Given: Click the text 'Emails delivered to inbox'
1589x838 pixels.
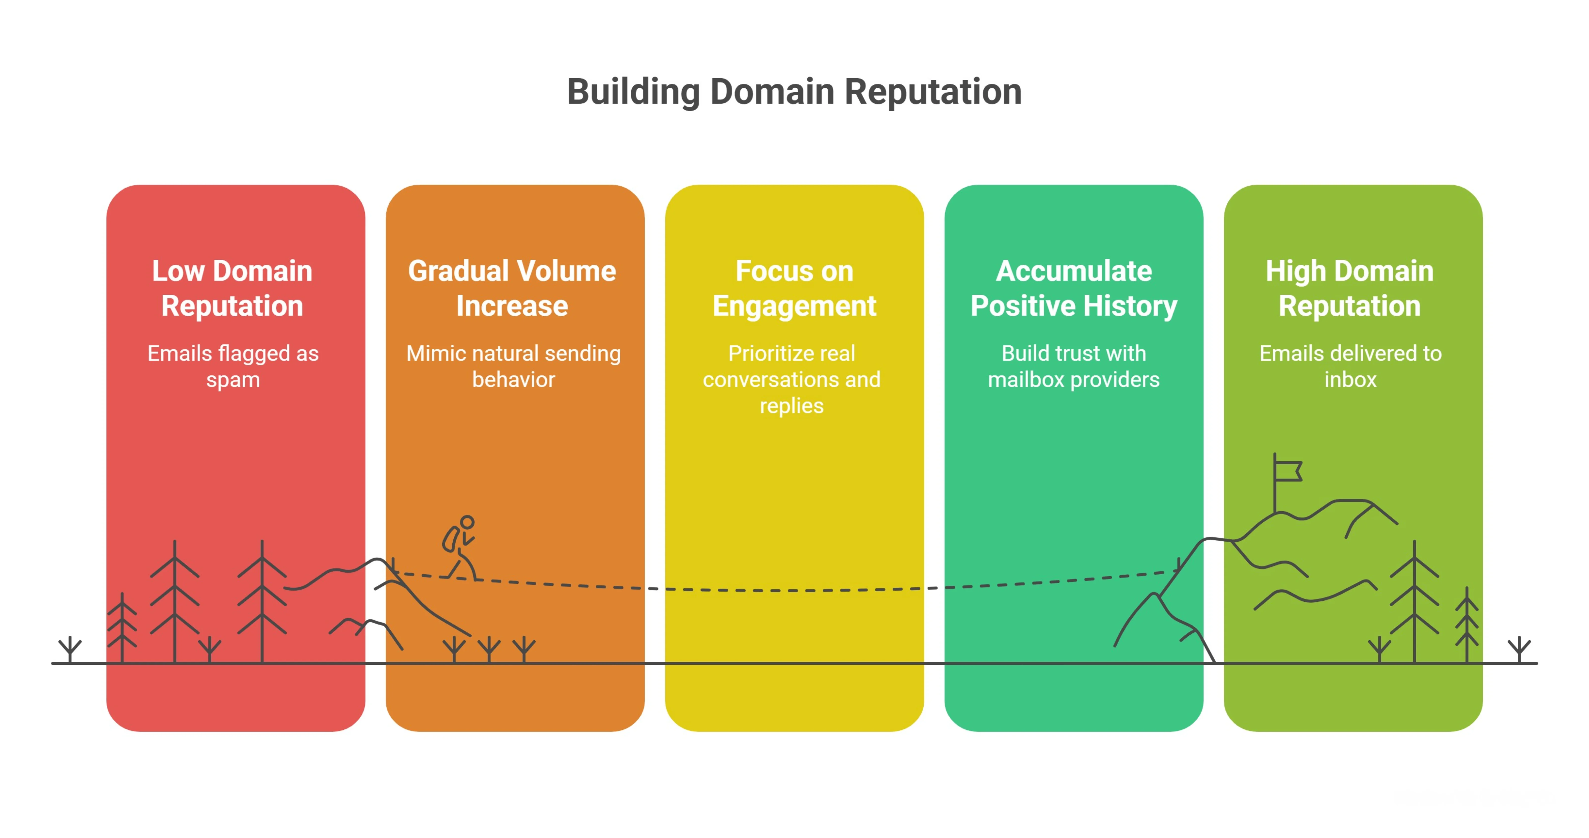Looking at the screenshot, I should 1350,366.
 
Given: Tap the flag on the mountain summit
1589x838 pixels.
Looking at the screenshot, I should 1288,471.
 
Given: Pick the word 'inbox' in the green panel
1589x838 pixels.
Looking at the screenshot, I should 1350,379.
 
